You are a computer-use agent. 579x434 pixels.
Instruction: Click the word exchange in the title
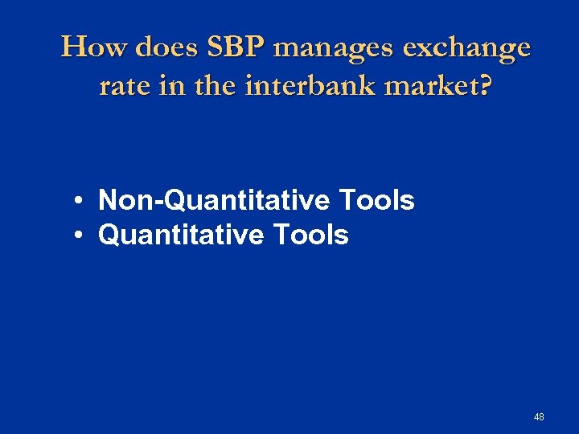coord(467,48)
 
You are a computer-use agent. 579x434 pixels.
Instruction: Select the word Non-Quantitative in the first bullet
coord(216,200)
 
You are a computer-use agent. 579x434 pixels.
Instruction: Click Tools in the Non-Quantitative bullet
coord(377,200)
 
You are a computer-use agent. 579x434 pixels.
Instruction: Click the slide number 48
coord(538,416)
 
